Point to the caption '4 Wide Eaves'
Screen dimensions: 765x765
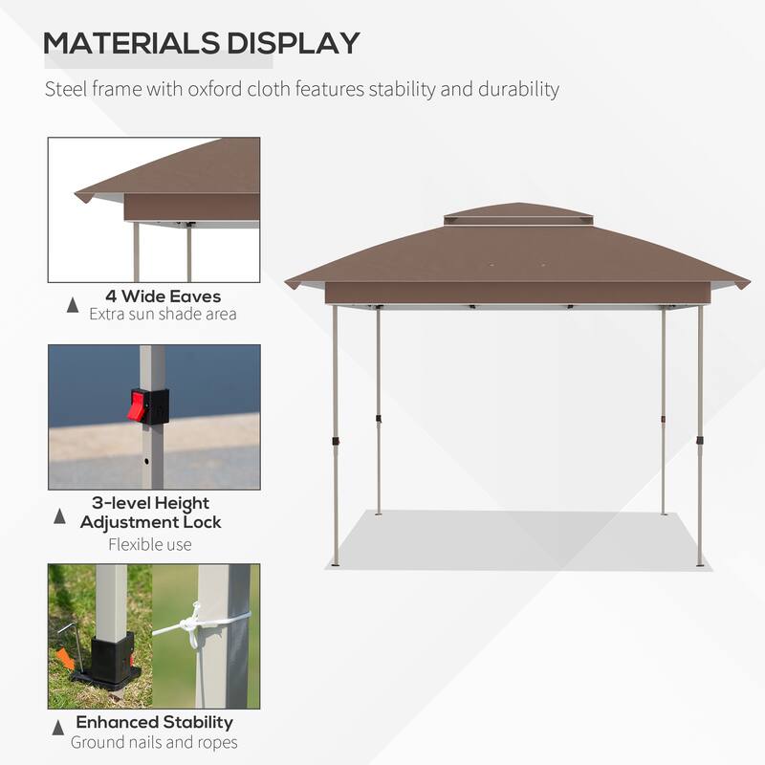tap(164, 296)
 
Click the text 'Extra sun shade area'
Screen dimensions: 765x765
tap(163, 314)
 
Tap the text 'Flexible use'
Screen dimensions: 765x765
tap(149, 545)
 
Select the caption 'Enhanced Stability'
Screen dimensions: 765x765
tap(155, 722)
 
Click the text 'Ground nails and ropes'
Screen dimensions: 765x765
tap(154, 742)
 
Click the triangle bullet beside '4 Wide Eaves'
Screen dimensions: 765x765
tap(73, 305)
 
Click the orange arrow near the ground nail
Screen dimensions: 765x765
tap(68, 659)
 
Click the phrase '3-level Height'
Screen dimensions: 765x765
tap(151, 503)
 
